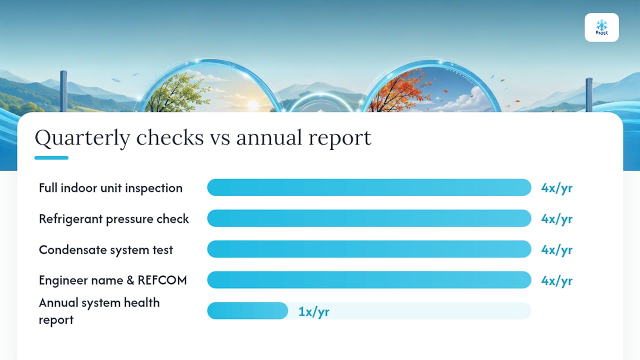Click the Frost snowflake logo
(601, 27)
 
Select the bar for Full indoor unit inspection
(369, 187)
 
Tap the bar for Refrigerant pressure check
(369, 218)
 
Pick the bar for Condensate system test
(369, 249)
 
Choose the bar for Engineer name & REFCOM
(369, 280)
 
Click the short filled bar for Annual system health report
(247, 311)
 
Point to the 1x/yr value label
(313, 311)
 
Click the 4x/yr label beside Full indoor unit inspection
(556, 188)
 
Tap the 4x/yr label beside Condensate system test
(556, 250)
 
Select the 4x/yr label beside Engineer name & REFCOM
(556, 281)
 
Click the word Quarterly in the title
(82, 138)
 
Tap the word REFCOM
(162, 280)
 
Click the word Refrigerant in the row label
(70, 219)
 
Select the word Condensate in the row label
(72, 250)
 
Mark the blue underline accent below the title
(51, 157)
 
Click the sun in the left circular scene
(253, 105)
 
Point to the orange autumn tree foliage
(400, 88)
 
